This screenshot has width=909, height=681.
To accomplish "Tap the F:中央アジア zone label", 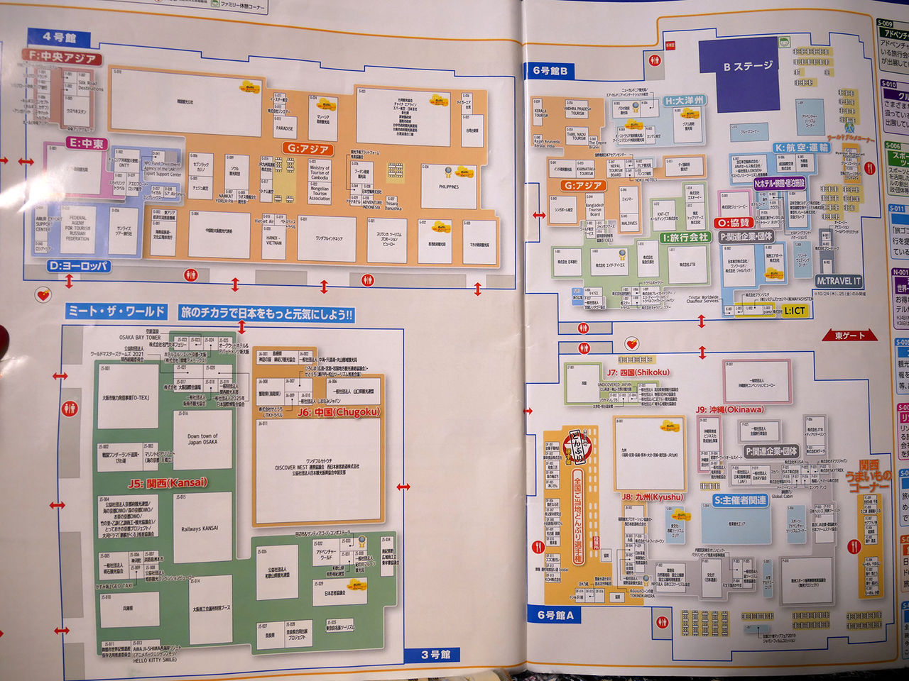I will [x=62, y=57].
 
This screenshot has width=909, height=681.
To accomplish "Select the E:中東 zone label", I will [x=86, y=143].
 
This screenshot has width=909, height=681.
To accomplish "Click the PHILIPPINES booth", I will [x=448, y=187].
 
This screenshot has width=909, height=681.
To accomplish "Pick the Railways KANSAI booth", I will [x=200, y=528].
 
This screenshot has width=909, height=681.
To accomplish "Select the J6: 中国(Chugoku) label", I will [x=339, y=412].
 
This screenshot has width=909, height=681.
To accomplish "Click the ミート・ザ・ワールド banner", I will [x=116, y=311].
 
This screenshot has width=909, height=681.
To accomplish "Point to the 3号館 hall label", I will [x=435, y=654].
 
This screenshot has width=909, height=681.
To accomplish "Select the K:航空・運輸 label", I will [x=802, y=148].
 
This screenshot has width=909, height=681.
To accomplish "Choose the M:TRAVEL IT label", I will [x=838, y=281].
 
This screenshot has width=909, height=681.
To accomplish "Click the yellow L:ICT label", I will [x=795, y=311].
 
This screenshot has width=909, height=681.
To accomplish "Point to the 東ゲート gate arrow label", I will [x=850, y=336].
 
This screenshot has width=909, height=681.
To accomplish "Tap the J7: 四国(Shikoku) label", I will [x=638, y=372].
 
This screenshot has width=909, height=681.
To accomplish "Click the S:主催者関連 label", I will [x=740, y=500].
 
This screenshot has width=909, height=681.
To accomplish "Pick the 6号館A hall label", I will [x=555, y=615].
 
